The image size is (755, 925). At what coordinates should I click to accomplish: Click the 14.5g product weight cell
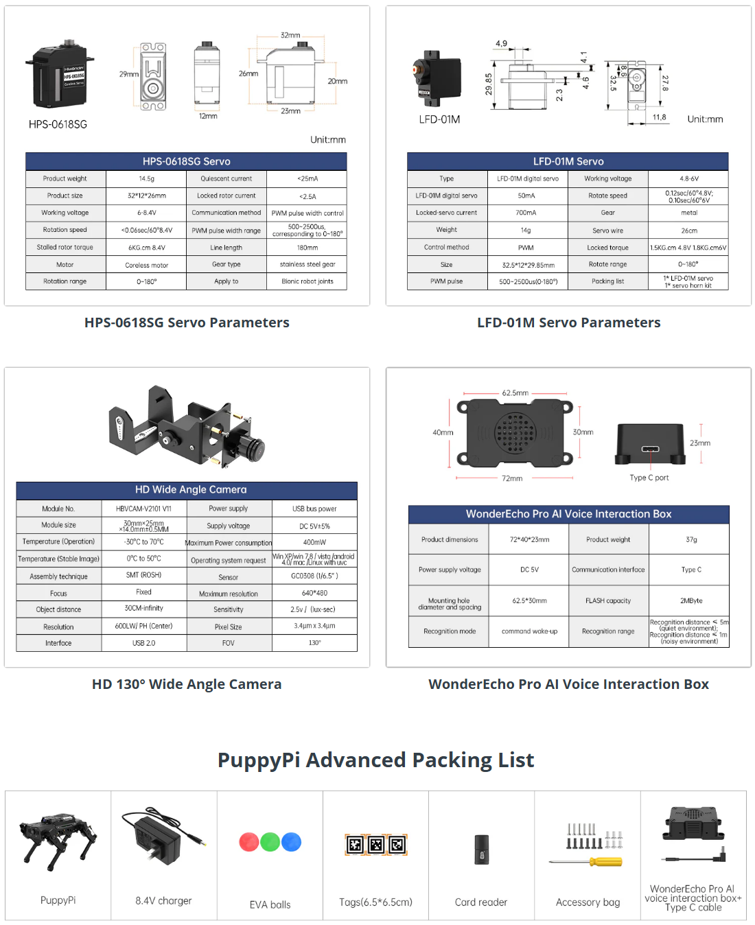click(146, 178)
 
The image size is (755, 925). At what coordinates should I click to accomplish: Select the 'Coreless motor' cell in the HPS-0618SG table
click(146, 265)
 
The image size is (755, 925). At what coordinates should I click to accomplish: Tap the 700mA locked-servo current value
click(526, 213)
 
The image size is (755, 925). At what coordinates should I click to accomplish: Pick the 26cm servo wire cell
click(688, 231)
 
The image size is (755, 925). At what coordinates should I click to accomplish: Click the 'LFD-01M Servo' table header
click(568, 161)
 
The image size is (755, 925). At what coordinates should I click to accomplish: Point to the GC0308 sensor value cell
click(314, 576)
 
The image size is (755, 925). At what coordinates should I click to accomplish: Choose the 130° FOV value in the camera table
click(314, 643)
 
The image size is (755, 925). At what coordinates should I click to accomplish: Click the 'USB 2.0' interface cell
click(144, 643)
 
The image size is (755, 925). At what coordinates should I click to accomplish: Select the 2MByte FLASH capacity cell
click(690, 600)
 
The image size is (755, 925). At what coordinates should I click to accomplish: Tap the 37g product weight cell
click(690, 539)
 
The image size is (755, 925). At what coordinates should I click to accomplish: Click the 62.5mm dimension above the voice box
click(515, 393)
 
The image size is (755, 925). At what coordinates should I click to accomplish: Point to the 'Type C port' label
click(649, 478)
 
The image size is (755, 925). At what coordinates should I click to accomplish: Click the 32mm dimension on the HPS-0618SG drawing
click(290, 35)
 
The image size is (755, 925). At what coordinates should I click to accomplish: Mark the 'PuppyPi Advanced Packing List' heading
click(375, 760)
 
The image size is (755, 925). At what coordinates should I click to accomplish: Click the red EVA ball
click(249, 842)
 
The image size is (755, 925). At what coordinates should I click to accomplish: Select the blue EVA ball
click(292, 842)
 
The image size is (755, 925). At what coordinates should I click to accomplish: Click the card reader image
click(482, 850)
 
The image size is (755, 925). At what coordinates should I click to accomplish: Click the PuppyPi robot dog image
click(58, 841)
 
